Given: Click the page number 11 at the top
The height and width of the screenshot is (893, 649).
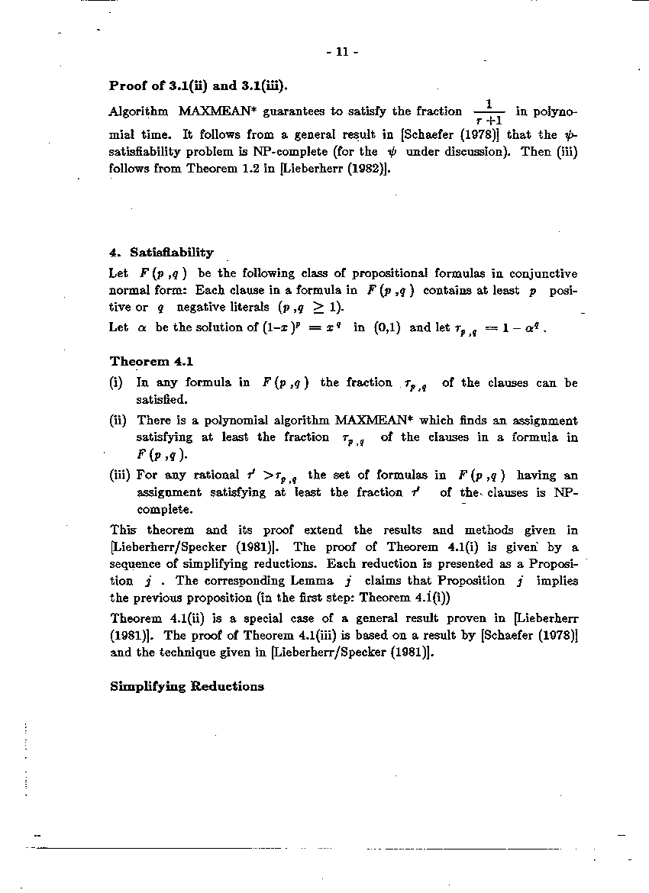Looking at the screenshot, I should pos(341,52).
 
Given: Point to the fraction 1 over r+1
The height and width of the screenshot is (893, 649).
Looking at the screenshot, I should pos(489,112).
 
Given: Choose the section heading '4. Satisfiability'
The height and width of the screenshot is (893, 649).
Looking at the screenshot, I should pos(162,252).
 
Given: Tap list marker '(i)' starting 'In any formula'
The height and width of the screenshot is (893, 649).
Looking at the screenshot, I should pos(118,382).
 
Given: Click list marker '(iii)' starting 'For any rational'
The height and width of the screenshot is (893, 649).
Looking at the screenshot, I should pos(121,475).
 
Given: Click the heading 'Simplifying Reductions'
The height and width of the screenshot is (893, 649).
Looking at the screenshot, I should pos(187,686).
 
